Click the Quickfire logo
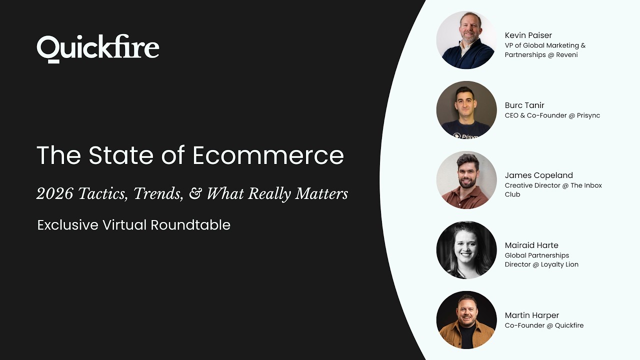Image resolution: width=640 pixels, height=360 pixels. [98, 48]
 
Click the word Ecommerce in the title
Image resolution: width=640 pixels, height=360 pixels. [268, 155]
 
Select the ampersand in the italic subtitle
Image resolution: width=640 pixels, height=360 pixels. [195, 193]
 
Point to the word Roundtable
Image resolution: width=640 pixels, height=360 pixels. [190, 225]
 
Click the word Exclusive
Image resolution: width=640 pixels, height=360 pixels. [67, 225]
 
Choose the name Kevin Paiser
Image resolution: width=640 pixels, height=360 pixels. [528, 35]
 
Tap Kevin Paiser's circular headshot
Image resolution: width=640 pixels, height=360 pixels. [466, 40]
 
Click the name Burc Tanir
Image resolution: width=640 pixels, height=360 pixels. [524, 105]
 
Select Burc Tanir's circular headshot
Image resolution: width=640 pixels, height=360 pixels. [466, 110]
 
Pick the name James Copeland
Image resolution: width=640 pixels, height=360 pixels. [538, 175]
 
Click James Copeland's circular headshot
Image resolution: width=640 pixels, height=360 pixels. [466, 180]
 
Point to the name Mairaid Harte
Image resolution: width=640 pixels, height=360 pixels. [531, 245]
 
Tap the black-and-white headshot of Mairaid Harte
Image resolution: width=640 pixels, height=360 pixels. [466, 250]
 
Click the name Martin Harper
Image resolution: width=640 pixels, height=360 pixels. [531, 315]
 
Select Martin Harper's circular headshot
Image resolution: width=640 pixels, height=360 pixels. [466, 320]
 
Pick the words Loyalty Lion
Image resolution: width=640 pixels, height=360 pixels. [559, 264]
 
